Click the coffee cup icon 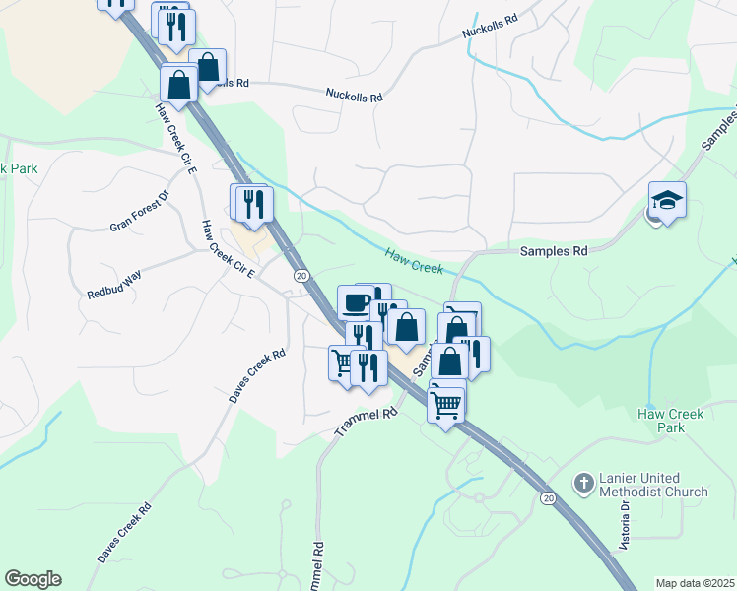(x=355, y=301)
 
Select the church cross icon (x=583, y=484)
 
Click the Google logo (x=33, y=579)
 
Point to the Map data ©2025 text (x=695, y=583)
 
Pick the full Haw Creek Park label (x=672, y=421)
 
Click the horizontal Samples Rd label (x=553, y=251)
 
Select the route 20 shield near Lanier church (x=548, y=498)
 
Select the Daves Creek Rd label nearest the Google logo (x=124, y=535)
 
